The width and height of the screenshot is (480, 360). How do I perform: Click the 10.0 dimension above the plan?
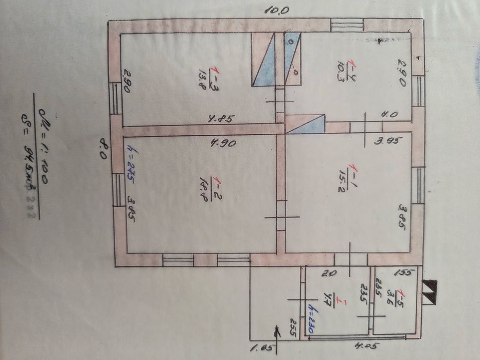pyautogui.click(x=277, y=9)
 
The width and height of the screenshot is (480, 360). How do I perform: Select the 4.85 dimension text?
pyautogui.click(x=221, y=119)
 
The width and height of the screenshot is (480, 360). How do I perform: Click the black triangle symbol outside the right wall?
pyautogui.click(x=430, y=291)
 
